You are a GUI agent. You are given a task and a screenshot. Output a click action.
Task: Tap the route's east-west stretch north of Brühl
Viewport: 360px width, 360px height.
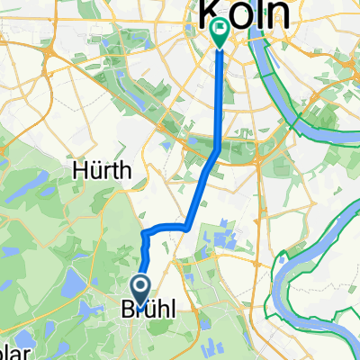pyautogui.click(x=166, y=229)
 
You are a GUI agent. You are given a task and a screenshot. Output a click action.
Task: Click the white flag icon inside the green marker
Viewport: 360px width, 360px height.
pyautogui.click(x=220, y=30)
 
